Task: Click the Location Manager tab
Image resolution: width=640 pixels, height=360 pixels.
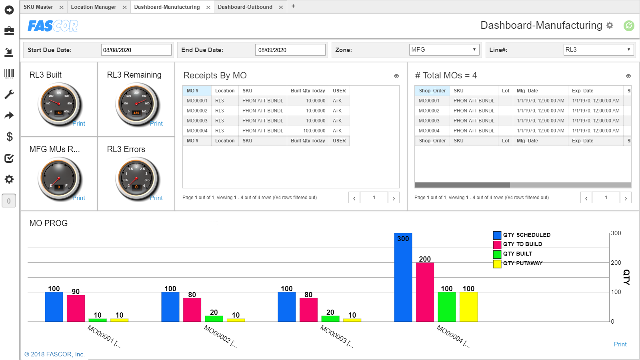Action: [93, 7]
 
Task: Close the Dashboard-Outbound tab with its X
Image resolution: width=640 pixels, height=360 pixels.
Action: [281, 7]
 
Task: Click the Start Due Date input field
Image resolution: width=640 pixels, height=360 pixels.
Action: [136, 50]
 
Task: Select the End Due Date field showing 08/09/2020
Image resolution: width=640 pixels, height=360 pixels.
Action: [290, 50]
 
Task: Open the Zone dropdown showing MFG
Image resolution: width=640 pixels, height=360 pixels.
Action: [444, 50]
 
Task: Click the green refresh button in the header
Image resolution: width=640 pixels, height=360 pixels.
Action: [629, 26]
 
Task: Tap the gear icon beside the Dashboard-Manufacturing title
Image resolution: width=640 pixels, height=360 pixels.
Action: [610, 25]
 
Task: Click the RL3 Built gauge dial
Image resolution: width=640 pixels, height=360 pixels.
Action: [59, 104]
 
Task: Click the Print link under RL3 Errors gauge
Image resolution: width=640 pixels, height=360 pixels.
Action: [156, 198]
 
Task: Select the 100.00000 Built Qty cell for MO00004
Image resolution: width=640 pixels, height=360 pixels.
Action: [314, 131]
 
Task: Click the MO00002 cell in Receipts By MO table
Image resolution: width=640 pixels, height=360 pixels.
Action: [197, 111]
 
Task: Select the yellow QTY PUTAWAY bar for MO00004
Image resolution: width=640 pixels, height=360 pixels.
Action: [468, 307]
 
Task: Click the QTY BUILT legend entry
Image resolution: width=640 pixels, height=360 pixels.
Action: [517, 254]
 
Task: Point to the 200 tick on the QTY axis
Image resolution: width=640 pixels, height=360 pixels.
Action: [616, 263]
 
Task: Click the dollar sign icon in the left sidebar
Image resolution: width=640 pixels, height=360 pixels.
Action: [9, 137]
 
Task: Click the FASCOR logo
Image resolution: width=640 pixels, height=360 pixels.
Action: [53, 26]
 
